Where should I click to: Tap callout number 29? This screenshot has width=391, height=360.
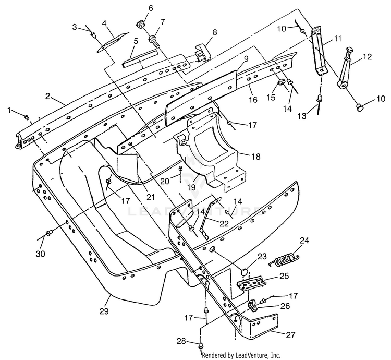point(104,311)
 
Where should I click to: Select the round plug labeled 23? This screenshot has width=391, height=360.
point(245,271)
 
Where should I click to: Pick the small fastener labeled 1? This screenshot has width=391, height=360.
point(26,117)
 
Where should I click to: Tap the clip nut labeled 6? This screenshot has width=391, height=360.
point(141,25)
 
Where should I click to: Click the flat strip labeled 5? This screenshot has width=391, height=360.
point(140,58)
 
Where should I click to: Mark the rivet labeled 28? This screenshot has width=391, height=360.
point(201,347)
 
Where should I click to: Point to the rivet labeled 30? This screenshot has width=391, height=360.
point(48,234)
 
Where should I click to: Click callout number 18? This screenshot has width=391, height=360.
point(256,157)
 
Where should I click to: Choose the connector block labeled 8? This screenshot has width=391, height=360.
point(203,51)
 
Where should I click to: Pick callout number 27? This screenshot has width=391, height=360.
point(290,334)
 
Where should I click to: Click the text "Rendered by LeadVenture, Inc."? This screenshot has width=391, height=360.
point(241,355)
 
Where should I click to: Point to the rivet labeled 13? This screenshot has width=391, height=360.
point(319,102)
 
